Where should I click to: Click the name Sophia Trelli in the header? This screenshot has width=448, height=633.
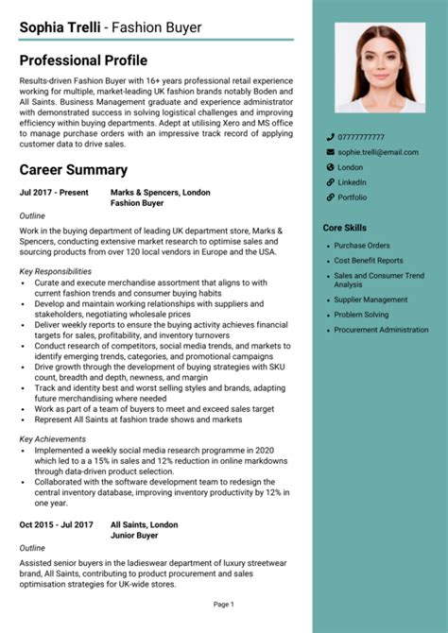pos(60,27)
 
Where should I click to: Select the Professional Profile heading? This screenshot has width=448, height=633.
pos(83,60)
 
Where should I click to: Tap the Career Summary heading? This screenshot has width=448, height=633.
pos(73,170)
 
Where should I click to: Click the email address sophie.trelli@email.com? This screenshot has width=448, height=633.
pos(378,152)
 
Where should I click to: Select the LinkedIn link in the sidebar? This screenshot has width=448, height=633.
pos(352,182)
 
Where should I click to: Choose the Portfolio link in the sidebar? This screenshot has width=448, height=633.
pos(352,197)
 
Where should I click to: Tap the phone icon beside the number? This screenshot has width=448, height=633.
pos(330,137)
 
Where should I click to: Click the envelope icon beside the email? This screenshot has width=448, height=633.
pos(330,152)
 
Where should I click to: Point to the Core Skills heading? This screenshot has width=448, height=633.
pos(344,228)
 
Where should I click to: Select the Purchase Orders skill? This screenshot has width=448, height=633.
pos(361,246)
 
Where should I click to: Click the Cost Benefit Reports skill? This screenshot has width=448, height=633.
pos(369,260)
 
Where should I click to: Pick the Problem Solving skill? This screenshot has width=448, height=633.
pos(361,315)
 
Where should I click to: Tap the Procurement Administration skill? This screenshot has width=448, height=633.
pos(381,330)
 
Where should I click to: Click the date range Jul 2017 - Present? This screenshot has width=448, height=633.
pos(54,193)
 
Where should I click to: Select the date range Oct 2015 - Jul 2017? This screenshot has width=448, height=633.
pos(56,524)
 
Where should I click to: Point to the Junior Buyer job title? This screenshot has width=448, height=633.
pos(135,535)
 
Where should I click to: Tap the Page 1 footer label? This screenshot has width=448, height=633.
pos(224,604)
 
